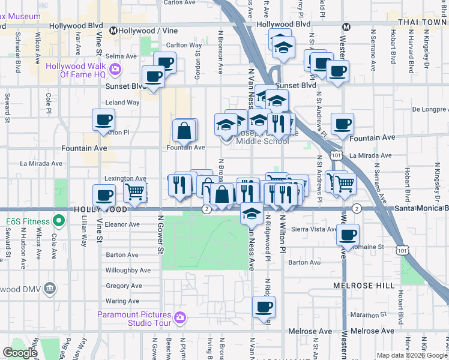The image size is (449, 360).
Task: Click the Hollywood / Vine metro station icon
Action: point(113,31)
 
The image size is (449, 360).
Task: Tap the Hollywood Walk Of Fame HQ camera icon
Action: point(115,70)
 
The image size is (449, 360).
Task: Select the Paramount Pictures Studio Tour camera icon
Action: point(179,317)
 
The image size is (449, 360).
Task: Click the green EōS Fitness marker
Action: point(58,221)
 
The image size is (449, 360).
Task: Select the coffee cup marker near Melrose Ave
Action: point(262,307)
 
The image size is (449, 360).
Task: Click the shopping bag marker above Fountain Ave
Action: point(184,130)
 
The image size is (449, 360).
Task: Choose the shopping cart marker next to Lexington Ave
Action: point(135,191)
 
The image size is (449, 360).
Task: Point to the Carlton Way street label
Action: point(184,45)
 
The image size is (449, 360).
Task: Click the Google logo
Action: point(20,353)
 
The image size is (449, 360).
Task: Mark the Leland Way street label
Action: point(122,103)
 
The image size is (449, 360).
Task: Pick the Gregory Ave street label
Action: point(122,286)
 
